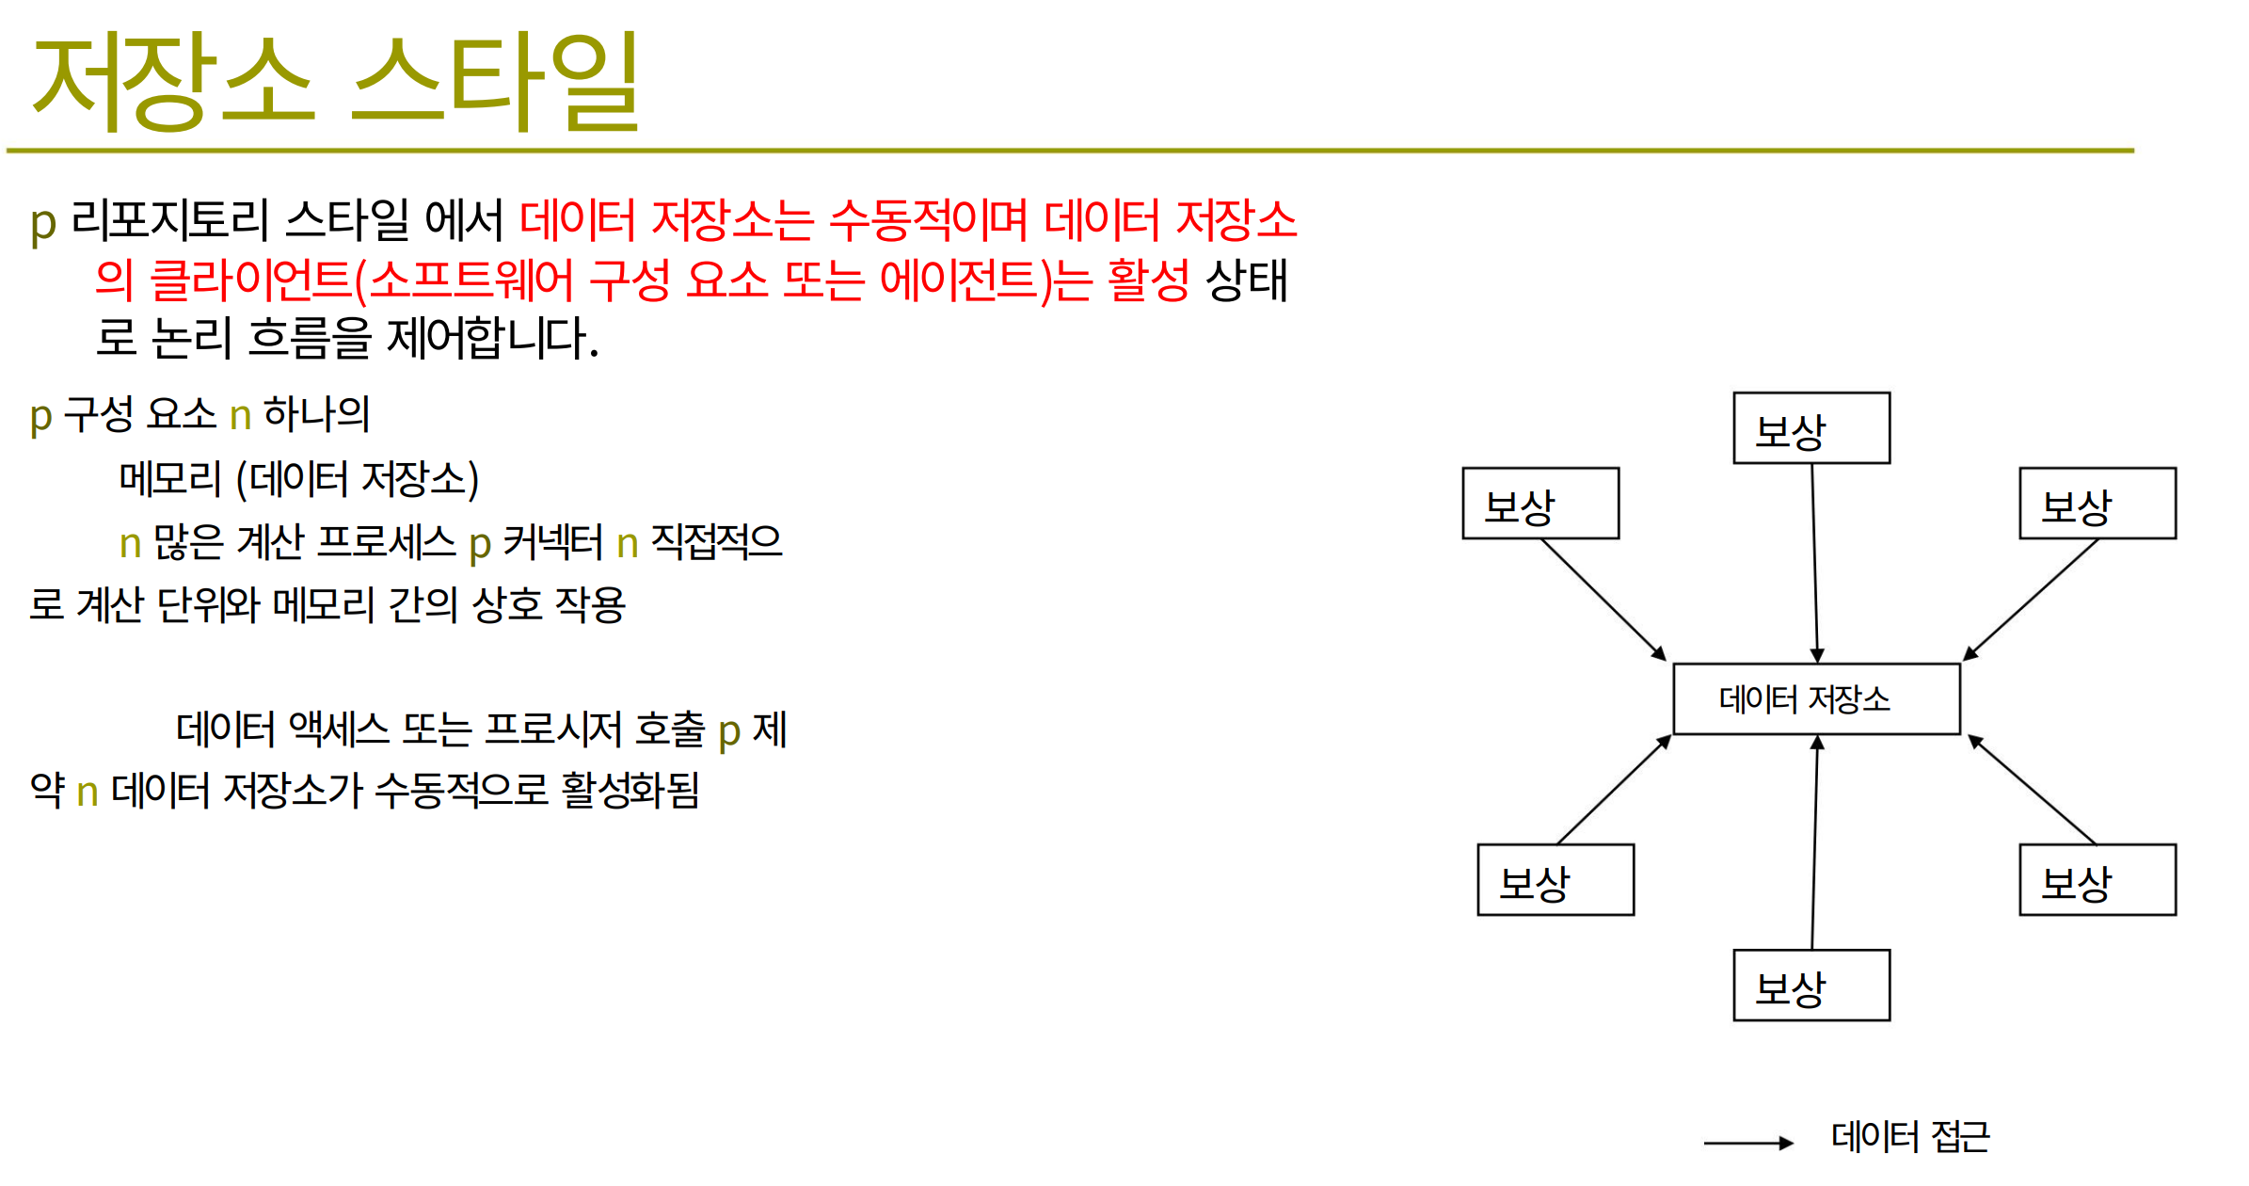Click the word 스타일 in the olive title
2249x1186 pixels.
[x=495, y=82]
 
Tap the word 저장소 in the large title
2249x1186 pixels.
[x=173, y=82]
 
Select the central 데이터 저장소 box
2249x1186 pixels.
[x=1816, y=698]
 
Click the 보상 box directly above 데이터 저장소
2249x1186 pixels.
[x=1811, y=428]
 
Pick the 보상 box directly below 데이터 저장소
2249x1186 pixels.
[x=1811, y=986]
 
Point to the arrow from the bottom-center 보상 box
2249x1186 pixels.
[x=1815, y=842]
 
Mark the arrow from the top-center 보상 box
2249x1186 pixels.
[x=1815, y=563]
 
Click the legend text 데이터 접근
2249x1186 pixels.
[x=1910, y=1136]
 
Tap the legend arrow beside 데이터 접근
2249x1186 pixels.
[x=1748, y=1144]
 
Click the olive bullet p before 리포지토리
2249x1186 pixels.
[x=43, y=224]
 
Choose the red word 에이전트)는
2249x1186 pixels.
[x=986, y=280]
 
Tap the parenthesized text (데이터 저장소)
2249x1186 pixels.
[x=358, y=479]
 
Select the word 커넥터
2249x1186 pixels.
[x=552, y=542]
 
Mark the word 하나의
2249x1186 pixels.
[x=316, y=414]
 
